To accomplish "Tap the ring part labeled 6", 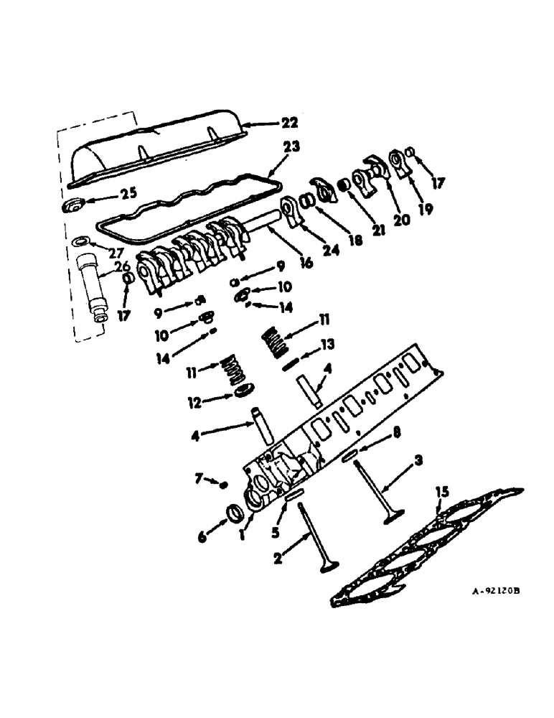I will (x=235, y=514).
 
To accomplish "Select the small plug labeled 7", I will (x=224, y=485).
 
